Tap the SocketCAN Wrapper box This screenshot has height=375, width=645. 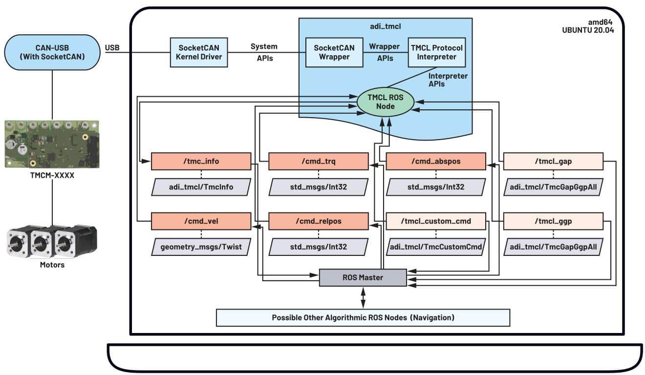(x=334, y=52)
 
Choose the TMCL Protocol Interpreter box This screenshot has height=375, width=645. (x=437, y=52)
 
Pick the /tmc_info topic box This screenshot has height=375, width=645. (x=201, y=161)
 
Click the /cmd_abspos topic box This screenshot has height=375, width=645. (x=436, y=161)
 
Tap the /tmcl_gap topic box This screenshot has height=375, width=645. (x=553, y=161)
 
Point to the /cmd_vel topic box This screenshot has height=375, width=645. (x=201, y=221)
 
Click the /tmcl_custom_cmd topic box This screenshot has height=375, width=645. (x=436, y=221)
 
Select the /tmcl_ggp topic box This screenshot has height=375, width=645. (x=553, y=221)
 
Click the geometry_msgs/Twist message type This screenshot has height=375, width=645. (x=201, y=247)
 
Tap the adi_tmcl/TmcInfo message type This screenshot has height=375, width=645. (x=201, y=187)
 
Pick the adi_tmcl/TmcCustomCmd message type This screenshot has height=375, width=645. (x=436, y=247)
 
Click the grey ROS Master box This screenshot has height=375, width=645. (x=363, y=277)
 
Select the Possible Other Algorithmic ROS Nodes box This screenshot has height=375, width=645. (x=363, y=317)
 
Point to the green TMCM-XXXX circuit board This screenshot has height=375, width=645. (x=52, y=144)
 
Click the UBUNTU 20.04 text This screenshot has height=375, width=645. (x=588, y=30)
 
